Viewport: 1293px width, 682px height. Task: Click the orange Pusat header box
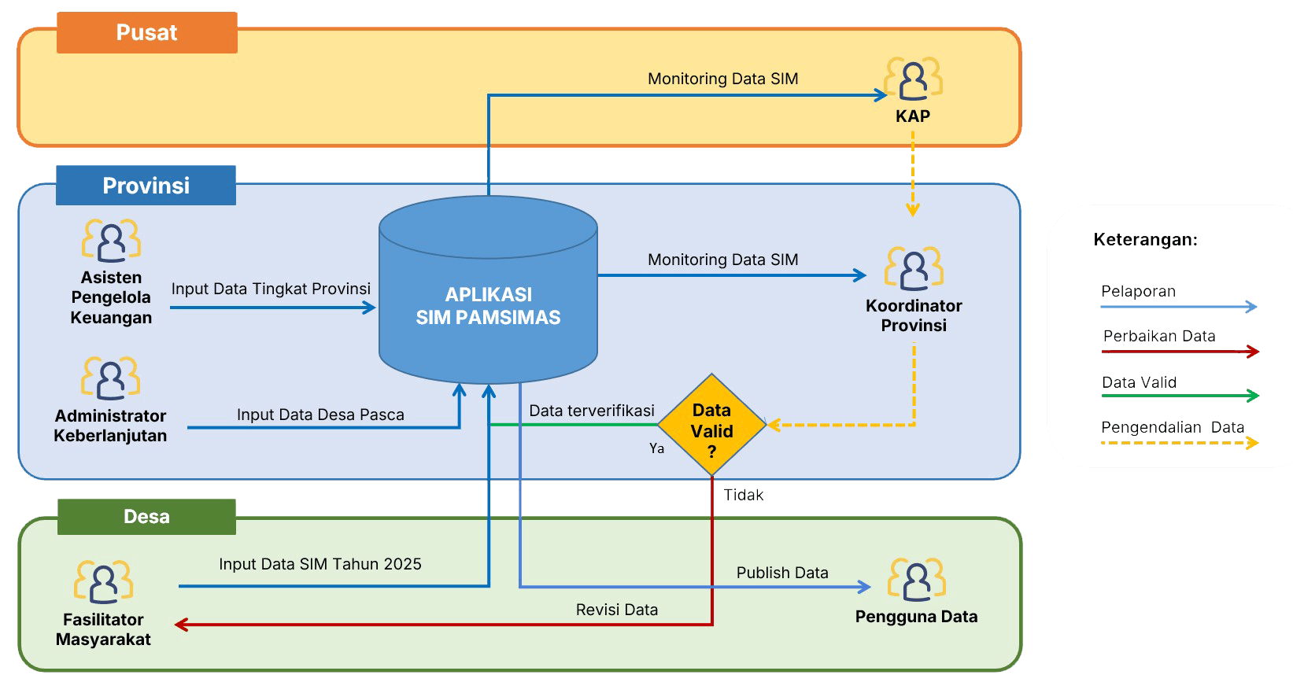[146, 32]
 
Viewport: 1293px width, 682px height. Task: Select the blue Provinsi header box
[146, 186]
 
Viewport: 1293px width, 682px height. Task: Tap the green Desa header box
[146, 517]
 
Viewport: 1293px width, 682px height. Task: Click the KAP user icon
[913, 79]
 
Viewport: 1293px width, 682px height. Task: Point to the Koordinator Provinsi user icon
[914, 268]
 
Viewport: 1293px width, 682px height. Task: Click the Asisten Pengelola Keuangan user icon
[111, 241]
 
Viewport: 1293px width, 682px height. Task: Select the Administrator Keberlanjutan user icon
[110, 378]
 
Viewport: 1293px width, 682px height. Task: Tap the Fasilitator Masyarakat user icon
[103, 583]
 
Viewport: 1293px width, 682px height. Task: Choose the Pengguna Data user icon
[917, 580]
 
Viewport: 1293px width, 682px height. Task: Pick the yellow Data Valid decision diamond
[711, 426]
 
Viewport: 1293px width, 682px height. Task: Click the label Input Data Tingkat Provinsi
[271, 289]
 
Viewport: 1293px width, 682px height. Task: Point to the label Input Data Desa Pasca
[320, 415]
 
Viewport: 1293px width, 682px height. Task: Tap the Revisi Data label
[616, 610]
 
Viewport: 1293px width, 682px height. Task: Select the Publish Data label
[781, 573]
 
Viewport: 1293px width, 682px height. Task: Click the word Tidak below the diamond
[743, 495]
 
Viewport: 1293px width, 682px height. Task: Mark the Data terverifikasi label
[591, 411]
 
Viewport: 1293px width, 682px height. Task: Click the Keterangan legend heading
[1145, 240]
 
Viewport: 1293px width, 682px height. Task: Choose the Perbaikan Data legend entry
[1159, 337]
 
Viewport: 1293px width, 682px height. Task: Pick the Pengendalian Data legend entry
[1172, 428]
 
